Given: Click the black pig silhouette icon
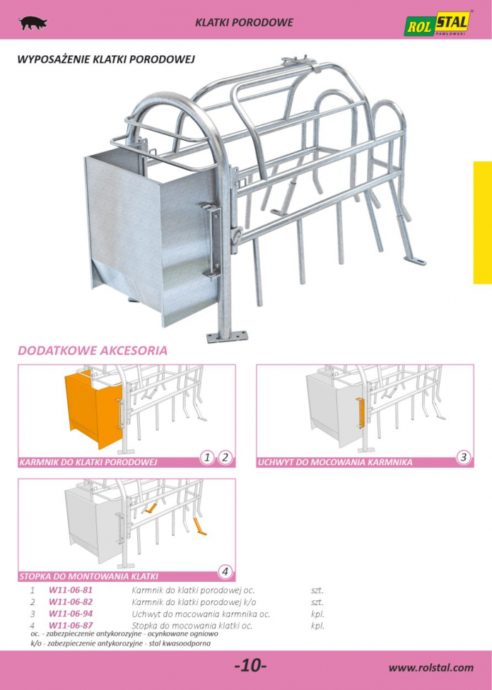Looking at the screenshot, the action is [33, 23].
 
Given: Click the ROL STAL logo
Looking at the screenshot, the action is [438, 23].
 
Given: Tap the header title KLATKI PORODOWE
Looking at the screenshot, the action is [245, 23].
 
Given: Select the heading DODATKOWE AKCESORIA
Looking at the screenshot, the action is [93, 351].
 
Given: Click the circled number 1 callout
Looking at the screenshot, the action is [207, 457].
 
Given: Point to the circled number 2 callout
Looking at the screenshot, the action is [225, 457].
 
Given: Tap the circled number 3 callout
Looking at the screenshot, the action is [463, 457].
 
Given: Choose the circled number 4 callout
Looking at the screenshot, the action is [225, 572].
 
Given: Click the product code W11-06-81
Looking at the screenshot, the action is [71, 590].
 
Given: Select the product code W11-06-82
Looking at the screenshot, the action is [71, 602].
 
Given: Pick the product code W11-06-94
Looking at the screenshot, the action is [71, 614].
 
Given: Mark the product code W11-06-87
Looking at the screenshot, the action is [71, 625].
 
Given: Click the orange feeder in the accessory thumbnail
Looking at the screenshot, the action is [93, 409].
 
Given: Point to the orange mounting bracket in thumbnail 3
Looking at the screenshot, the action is [361, 413].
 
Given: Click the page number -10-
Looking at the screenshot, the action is [251, 665].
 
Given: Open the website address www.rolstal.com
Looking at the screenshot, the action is [430, 667].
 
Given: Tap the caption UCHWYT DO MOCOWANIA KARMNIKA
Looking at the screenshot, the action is [335, 462].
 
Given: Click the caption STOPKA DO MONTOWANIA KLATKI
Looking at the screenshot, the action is [89, 576].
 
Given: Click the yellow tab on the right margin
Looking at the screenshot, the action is [482, 223].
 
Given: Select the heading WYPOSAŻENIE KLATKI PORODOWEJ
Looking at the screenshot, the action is [105, 59].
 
